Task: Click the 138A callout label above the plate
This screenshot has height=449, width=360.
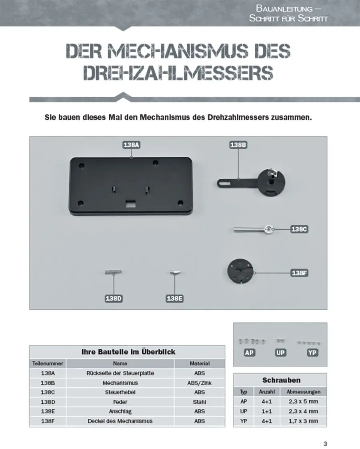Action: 131,146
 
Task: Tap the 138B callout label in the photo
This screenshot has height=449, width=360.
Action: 238,145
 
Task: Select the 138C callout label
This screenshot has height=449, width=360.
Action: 299,229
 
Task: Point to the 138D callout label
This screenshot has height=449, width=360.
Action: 113,299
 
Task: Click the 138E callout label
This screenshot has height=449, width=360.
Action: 174,299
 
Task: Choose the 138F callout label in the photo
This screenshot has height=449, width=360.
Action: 299,273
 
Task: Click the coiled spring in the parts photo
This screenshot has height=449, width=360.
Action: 113,272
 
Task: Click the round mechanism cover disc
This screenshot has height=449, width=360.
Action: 240,272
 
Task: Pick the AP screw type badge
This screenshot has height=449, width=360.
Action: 250,353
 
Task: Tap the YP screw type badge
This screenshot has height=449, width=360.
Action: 312,353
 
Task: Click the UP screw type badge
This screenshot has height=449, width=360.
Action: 280,353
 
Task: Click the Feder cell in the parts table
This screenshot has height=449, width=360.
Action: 120,402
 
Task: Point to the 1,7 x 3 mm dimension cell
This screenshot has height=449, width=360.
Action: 303,421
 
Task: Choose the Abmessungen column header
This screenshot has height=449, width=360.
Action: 303,392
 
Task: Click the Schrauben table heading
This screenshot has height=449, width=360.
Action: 281,380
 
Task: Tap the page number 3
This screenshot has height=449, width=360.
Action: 325,444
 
